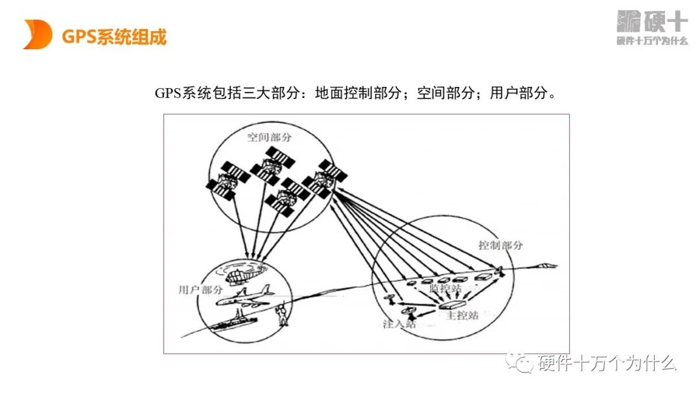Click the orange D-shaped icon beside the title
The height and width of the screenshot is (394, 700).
click(37, 34)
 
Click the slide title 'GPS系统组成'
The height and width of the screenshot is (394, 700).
click(114, 37)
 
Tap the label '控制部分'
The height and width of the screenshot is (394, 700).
click(500, 246)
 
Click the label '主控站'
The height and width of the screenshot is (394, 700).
click(462, 316)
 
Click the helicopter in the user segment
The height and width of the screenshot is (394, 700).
click(244, 273)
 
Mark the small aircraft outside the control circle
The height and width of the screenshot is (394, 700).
click(547, 264)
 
